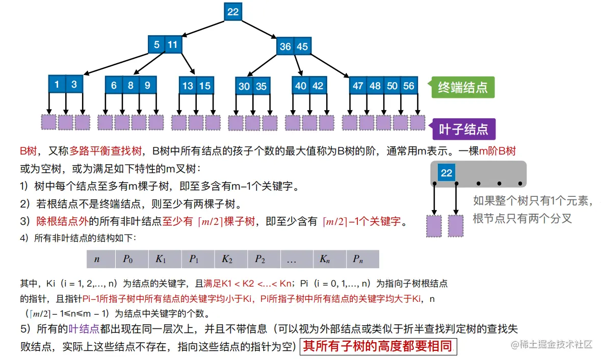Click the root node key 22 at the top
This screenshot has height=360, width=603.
tap(233, 12)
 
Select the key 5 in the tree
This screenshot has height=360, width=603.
tap(156, 45)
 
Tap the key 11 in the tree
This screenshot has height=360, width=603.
tap(173, 45)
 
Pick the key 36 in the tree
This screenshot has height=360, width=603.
tap(285, 47)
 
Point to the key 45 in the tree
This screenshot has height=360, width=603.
tap(302, 47)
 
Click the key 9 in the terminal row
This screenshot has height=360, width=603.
tap(147, 86)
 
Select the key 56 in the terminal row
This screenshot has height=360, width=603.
tap(409, 86)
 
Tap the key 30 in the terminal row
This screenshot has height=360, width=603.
tap(244, 87)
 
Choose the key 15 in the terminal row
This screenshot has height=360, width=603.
tap(205, 86)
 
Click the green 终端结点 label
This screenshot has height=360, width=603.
tap(463, 88)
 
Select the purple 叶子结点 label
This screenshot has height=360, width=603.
tap(463, 130)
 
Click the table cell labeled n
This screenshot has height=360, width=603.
tap(97, 259)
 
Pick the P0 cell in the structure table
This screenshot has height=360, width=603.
tap(127, 259)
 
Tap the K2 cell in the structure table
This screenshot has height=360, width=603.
tap(227, 259)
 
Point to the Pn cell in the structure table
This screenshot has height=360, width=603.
tap(358, 259)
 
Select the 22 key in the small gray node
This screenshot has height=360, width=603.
tap(447, 173)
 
